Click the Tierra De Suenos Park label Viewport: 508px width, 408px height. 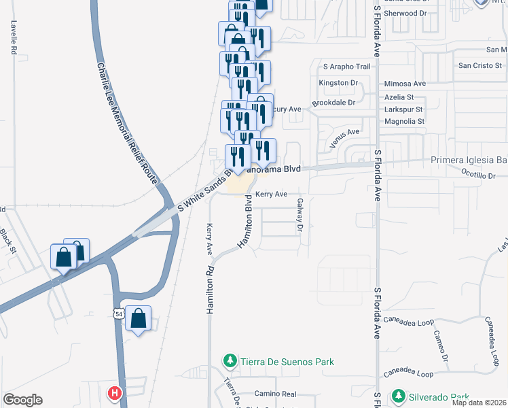287,361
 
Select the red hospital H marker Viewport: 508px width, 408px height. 115,393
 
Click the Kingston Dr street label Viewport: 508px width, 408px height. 338,83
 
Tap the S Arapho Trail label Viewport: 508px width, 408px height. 347,67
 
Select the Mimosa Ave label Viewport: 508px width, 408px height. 405,84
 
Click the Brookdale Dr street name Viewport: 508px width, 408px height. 333,103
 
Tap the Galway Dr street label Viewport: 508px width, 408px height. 298,218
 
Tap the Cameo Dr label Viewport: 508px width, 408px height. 446,347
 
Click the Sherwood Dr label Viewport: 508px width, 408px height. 404,13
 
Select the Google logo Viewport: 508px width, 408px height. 22,400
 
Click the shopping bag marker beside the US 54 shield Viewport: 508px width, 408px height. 138,319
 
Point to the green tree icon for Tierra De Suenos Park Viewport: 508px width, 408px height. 231,361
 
